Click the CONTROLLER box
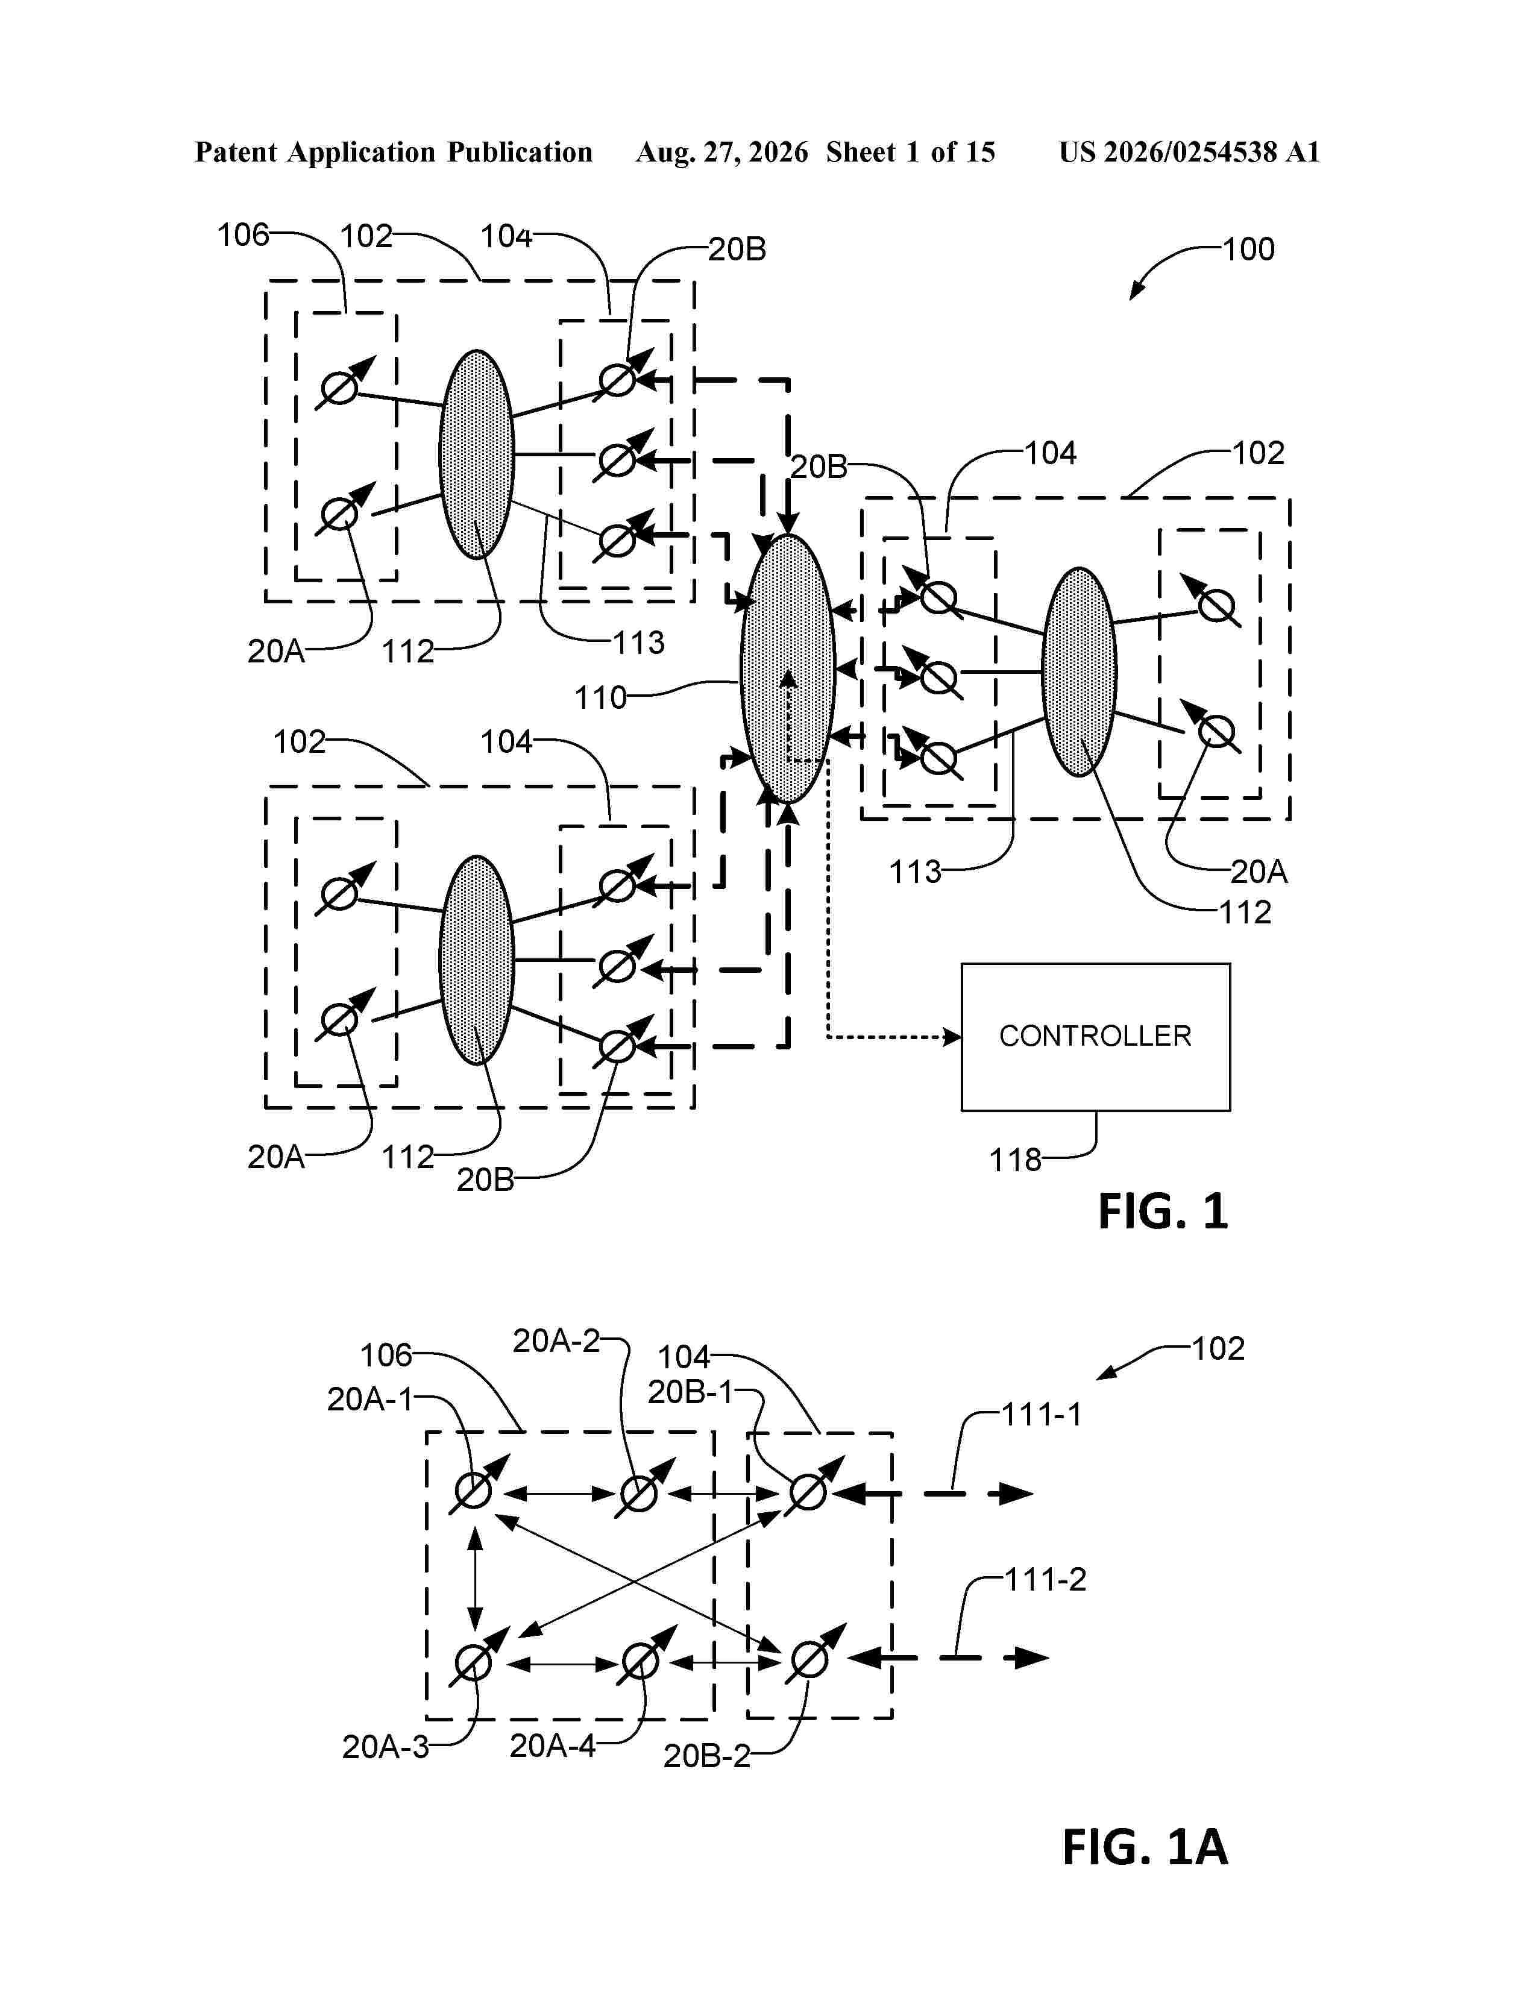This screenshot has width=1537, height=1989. [x=1095, y=1037]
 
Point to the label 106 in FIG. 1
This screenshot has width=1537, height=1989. [x=243, y=235]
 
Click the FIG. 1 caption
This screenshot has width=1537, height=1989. [x=1163, y=1211]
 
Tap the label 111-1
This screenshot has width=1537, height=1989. [x=1042, y=1415]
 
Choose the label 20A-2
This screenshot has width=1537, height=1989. [x=556, y=1340]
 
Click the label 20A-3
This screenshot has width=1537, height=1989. [x=385, y=1747]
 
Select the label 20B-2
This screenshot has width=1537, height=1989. [x=706, y=1756]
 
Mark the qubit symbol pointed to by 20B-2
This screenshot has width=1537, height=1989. [x=809, y=1659]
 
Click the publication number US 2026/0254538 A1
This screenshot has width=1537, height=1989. [x=1189, y=152]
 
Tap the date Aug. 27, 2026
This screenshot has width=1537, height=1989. [x=721, y=152]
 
